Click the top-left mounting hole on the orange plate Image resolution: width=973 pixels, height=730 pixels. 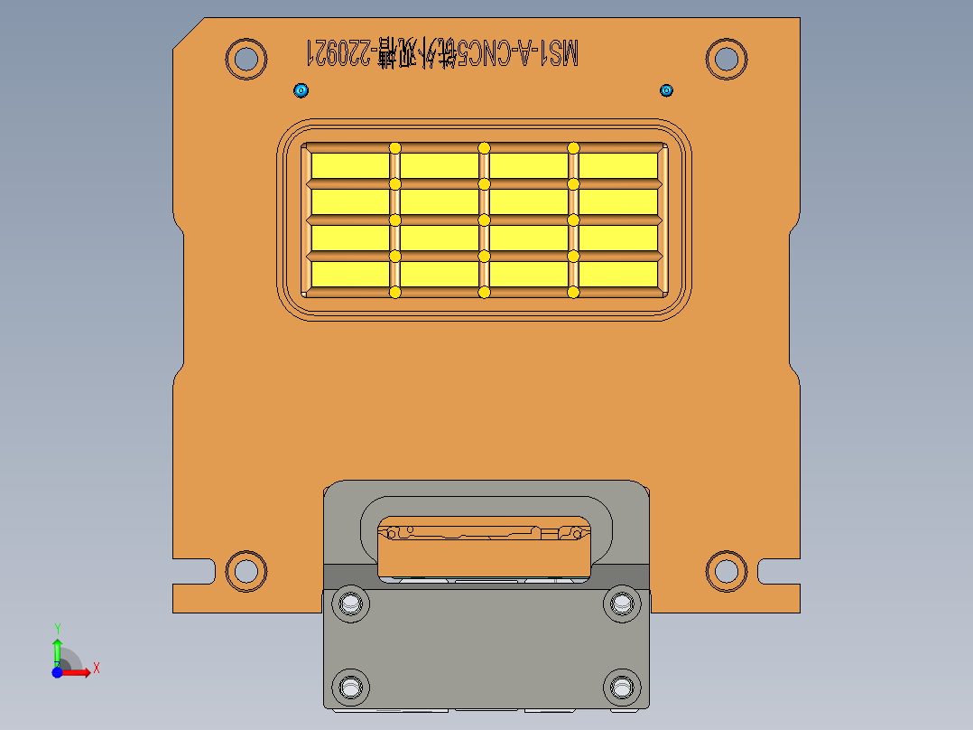point(245,59)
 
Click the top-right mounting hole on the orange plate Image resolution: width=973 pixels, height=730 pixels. point(726,59)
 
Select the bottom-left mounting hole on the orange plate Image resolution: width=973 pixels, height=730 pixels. point(245,570)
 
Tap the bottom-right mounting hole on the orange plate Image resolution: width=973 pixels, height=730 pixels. point(726,570)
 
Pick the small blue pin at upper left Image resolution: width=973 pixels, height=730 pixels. point(301,90)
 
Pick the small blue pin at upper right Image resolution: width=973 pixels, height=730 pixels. point(667,90)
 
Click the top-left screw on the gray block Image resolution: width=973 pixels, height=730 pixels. point(350,603)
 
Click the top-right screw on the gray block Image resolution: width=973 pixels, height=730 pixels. point(621,603)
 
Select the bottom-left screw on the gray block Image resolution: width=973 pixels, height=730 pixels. point(350,688)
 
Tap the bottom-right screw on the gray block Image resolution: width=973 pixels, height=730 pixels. point(621,688)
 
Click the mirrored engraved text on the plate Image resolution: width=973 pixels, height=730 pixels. point(442,53)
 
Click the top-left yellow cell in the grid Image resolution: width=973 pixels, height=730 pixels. point(349,165)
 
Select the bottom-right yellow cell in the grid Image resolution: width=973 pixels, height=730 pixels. point(618,274)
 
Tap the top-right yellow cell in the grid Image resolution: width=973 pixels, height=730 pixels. point(618,165)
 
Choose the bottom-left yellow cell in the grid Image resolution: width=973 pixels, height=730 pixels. point(349,274)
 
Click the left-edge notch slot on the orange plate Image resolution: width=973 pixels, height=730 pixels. point(195,571)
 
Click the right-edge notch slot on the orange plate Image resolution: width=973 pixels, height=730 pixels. point(777,571)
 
